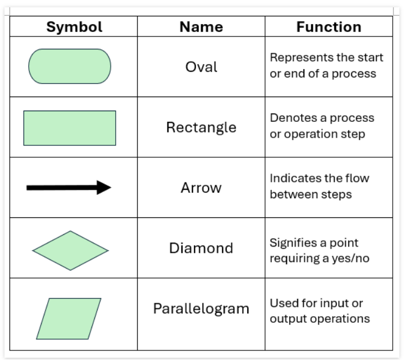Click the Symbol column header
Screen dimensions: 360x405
(x=74, y=27)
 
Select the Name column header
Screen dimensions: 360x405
(x=201, y=27)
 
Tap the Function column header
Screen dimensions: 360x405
(x=329, y=27)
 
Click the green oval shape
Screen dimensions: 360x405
(x=70, y=66)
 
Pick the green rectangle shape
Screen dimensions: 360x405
(x=70, y=128)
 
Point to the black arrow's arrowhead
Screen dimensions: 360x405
(x=104, y=188)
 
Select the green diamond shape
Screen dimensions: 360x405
(x=70, y=250)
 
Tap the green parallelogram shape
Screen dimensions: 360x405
(x=69, y=318)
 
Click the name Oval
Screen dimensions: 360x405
(x=201, y=67)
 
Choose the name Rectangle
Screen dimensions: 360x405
(x=201, y=127)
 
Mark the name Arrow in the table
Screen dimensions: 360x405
(x=201, y=188)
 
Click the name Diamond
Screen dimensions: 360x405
(x=201, y=248)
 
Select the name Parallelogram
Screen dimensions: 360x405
(x=201, y=309)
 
